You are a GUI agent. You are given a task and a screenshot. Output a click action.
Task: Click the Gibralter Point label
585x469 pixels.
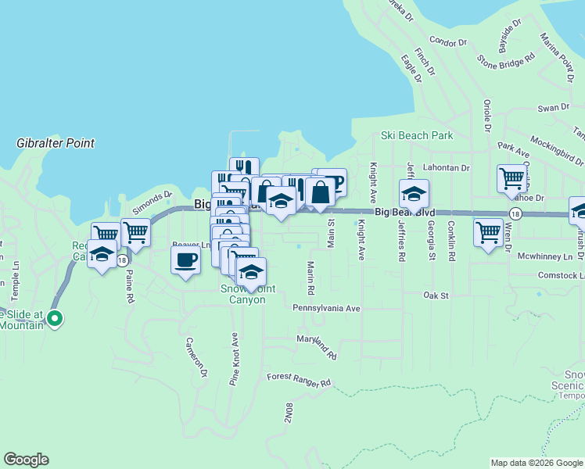coord(56,143)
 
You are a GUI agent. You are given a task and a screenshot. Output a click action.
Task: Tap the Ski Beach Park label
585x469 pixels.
coord(417,135)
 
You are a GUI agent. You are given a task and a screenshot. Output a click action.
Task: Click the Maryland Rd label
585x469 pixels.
coord(316,348)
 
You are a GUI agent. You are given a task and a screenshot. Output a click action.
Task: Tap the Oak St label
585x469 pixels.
coord(436,295)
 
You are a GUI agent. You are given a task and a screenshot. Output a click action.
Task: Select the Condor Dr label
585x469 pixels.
coord(447,41)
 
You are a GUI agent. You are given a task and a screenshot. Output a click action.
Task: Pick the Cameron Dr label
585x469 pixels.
coord(196,358)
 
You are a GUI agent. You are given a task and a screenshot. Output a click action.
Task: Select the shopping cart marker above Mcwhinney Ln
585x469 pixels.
coord(488,232)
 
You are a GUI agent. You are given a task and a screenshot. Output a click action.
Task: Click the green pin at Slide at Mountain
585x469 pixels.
coord(55,318)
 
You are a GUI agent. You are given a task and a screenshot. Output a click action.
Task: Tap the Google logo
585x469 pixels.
coord(26,460)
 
